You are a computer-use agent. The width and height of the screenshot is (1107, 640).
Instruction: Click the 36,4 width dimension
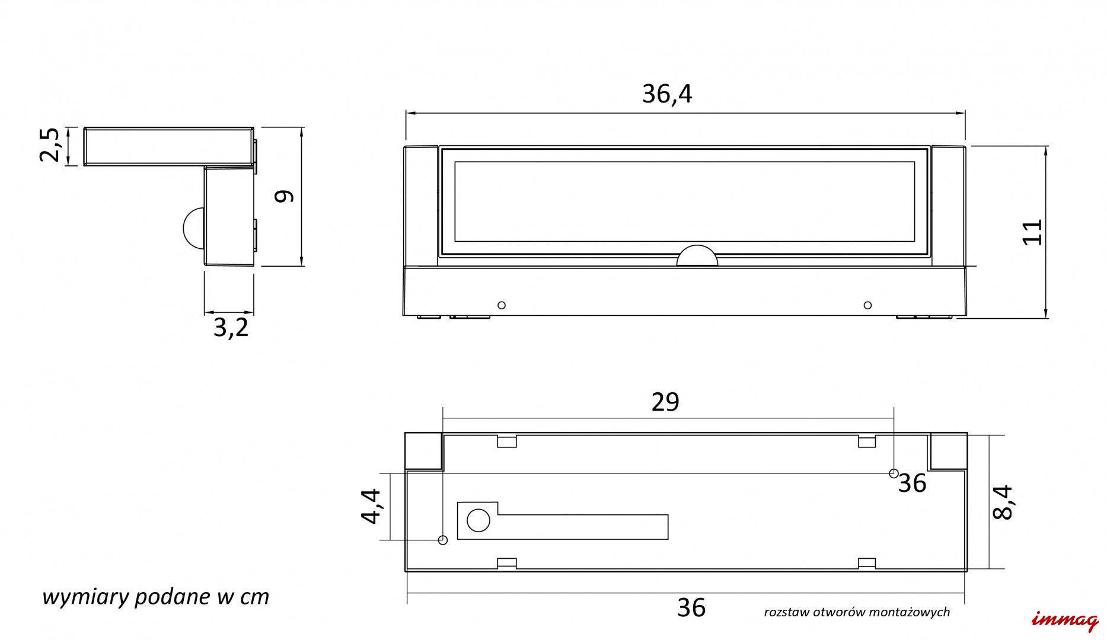[x=667, y=94]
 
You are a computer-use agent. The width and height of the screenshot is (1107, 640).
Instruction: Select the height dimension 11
[x=1032, y=232]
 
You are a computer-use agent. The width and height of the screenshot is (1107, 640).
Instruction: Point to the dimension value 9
[x=285, y=196]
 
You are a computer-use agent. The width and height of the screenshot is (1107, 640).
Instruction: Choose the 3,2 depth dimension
[x=231, y=328]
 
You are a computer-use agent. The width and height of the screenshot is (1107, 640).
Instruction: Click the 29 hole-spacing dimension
[x=665, y=402]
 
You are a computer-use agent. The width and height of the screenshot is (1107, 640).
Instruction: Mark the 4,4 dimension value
[x=371, y=506]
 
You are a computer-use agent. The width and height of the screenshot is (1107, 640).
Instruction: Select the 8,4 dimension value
[x=1003, y=503]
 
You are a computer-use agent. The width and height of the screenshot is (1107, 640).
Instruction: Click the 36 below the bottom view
[x=691, y=607]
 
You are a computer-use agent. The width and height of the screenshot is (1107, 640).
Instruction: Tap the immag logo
[x=1065, y=620]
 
